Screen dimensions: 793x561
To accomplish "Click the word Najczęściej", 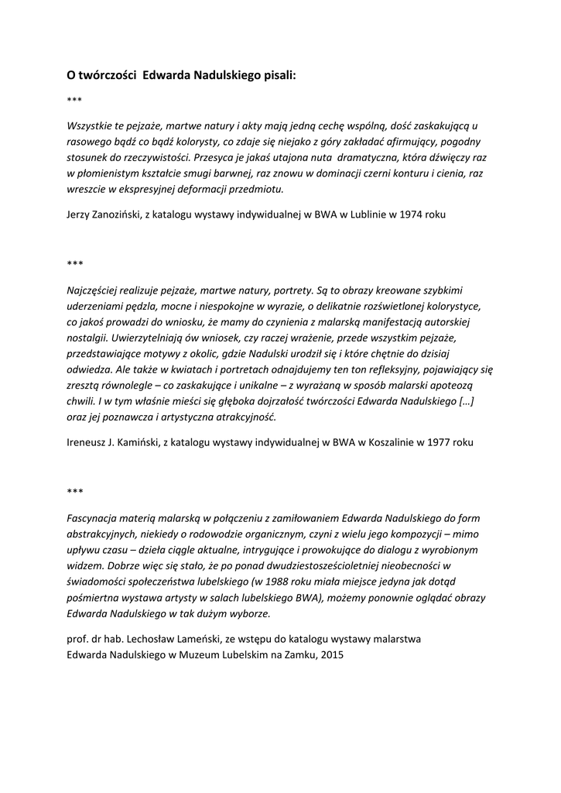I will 95,292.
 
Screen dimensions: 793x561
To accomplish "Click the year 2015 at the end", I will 332,654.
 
